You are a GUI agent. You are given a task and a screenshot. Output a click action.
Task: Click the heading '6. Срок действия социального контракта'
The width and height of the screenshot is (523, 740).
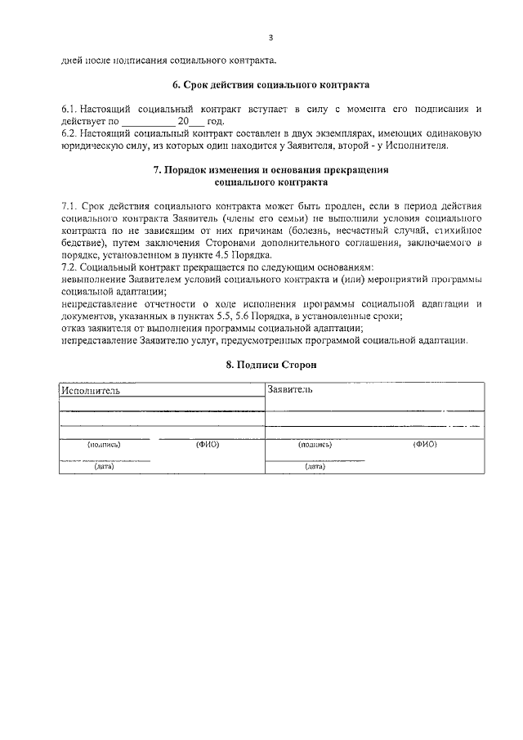pyautogui.click(x=270, y=85)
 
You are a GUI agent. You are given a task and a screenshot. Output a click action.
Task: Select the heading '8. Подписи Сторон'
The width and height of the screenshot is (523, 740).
pyautogui.click(x=270, y=365)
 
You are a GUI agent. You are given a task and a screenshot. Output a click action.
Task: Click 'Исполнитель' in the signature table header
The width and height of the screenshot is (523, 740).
pyautogui.click(x=91, y=391)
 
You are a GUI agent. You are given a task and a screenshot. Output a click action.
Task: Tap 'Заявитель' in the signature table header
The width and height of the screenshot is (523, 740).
pyautogui.click(x=290, y=390)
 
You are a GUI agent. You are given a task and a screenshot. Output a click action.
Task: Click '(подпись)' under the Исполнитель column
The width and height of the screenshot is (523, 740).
pyautogui.click(x=104, y=445)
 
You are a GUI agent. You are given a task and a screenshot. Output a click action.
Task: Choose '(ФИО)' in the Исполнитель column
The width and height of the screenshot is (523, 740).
pyautogui.click(x=207, y=445)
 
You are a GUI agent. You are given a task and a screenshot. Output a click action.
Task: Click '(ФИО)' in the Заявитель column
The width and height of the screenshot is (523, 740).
pyautogui.click(x=425, y=445)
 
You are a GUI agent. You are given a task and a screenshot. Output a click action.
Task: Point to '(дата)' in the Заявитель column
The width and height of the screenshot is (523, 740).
pyautogui.click(x=315, y=467)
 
